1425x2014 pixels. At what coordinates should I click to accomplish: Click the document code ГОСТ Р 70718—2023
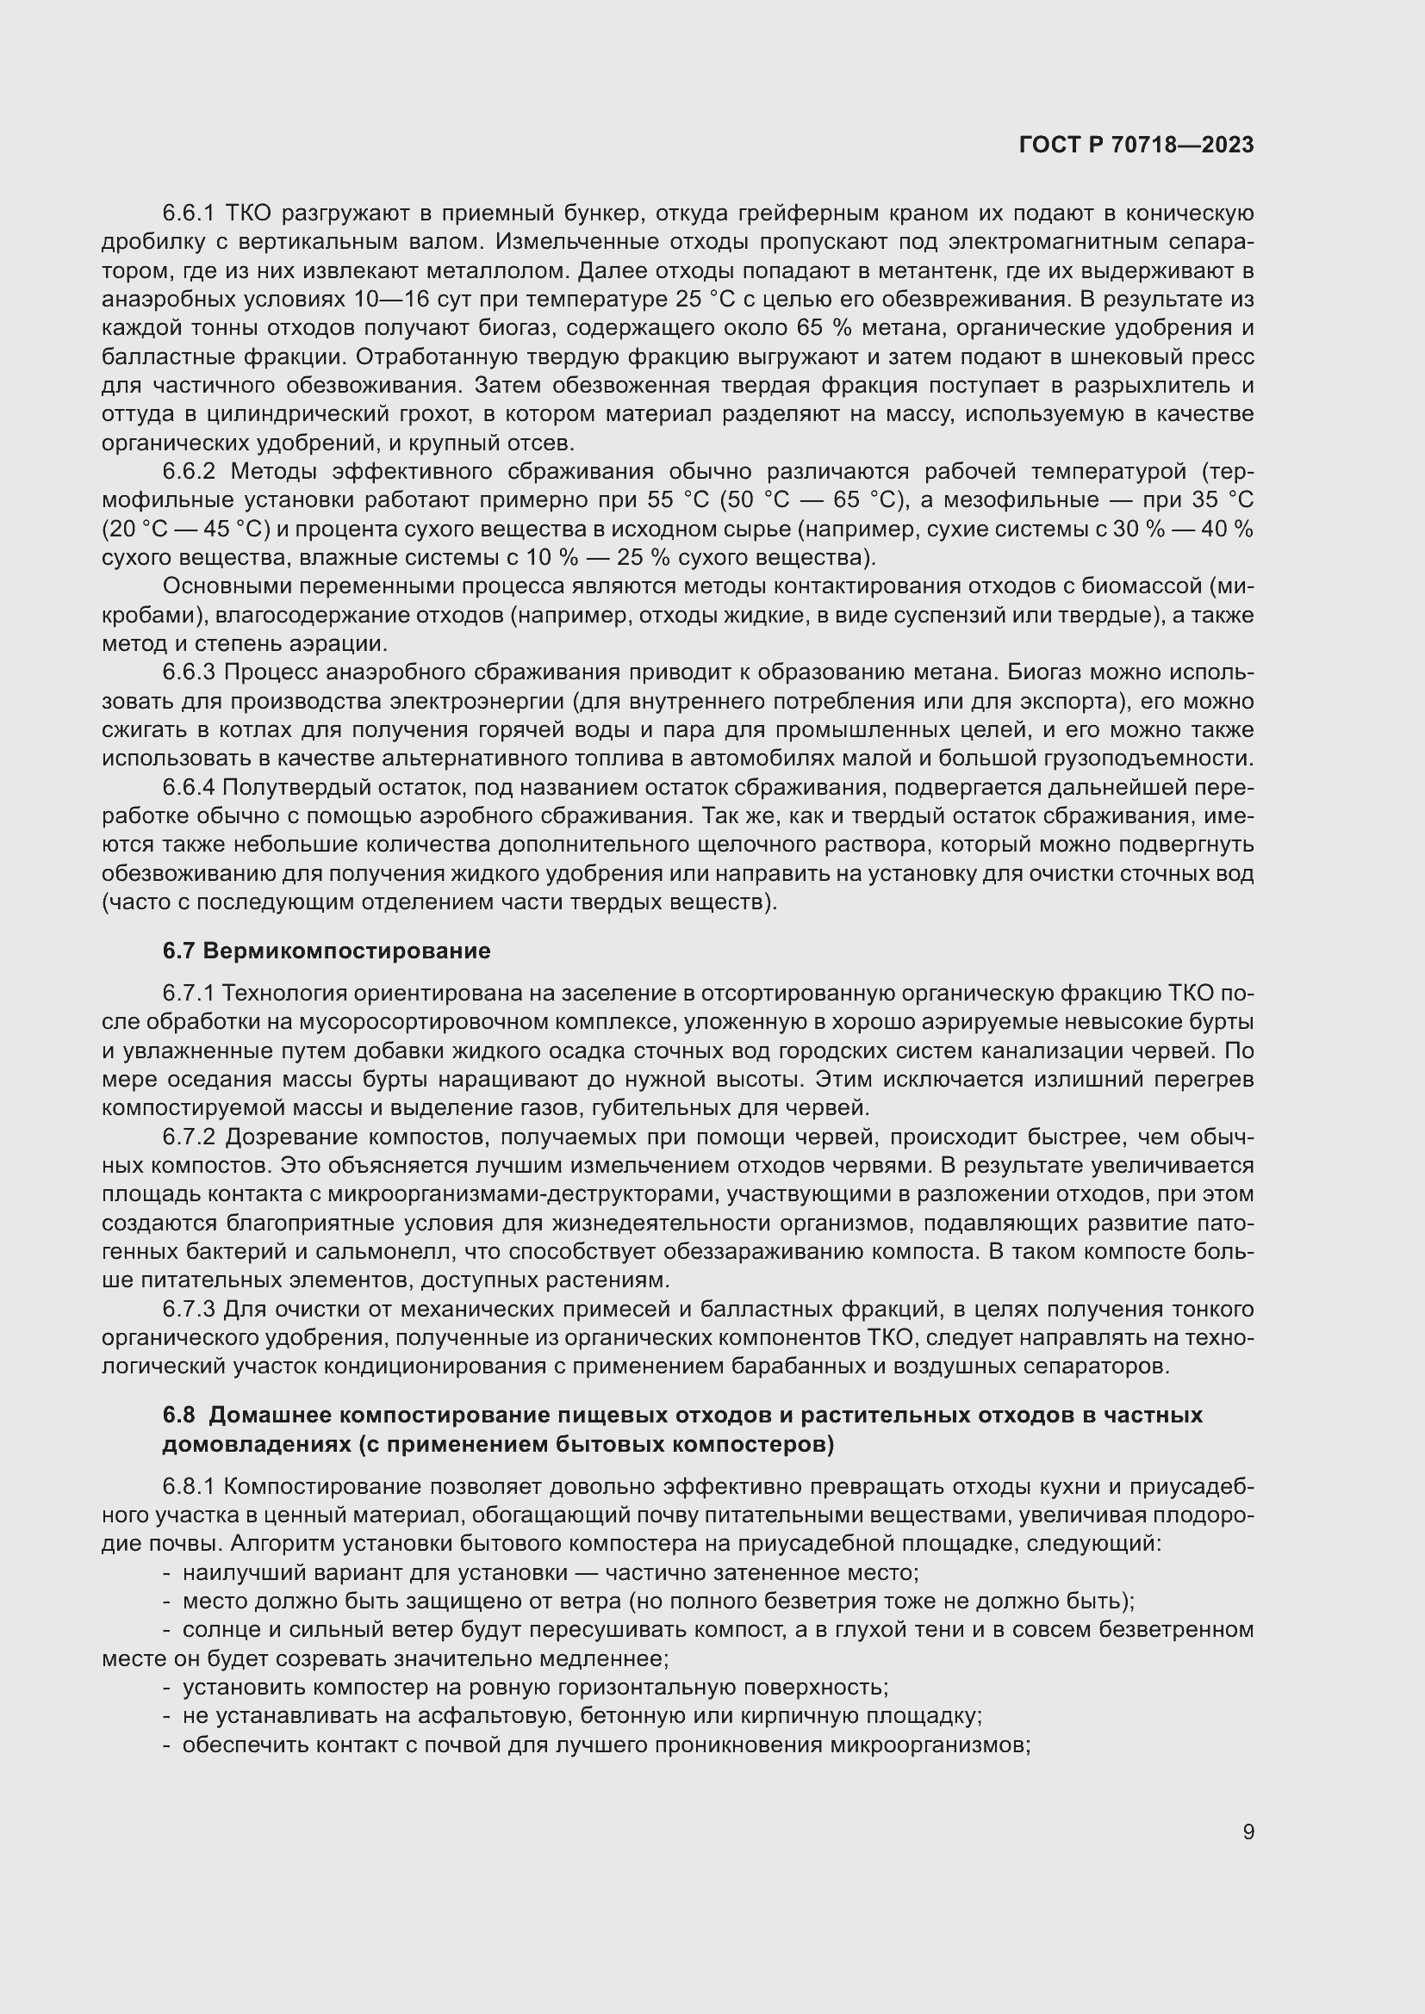(x=1136, y=145)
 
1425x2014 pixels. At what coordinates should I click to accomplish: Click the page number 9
(x=1248, y=1831)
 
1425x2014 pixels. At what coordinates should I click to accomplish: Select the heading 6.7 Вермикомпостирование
(x=327, y=951)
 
